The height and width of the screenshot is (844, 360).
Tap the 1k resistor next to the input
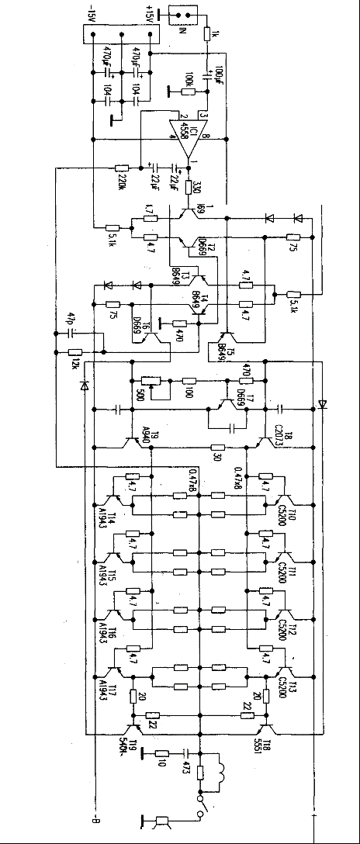point(208,34)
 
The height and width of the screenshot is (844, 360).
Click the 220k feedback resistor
point(122,168)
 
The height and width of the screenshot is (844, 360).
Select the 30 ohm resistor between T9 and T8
point(218,448)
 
